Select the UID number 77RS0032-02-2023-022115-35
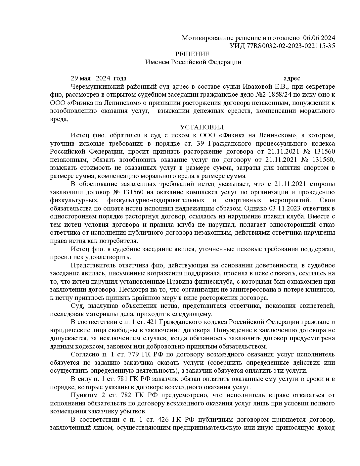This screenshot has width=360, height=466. (291, 46)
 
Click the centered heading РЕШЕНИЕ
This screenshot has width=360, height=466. (192, 54)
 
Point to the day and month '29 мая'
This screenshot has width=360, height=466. (81, 78)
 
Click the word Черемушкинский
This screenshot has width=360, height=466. (96, 87)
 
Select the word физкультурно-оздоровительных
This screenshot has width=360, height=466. (156, 201)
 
